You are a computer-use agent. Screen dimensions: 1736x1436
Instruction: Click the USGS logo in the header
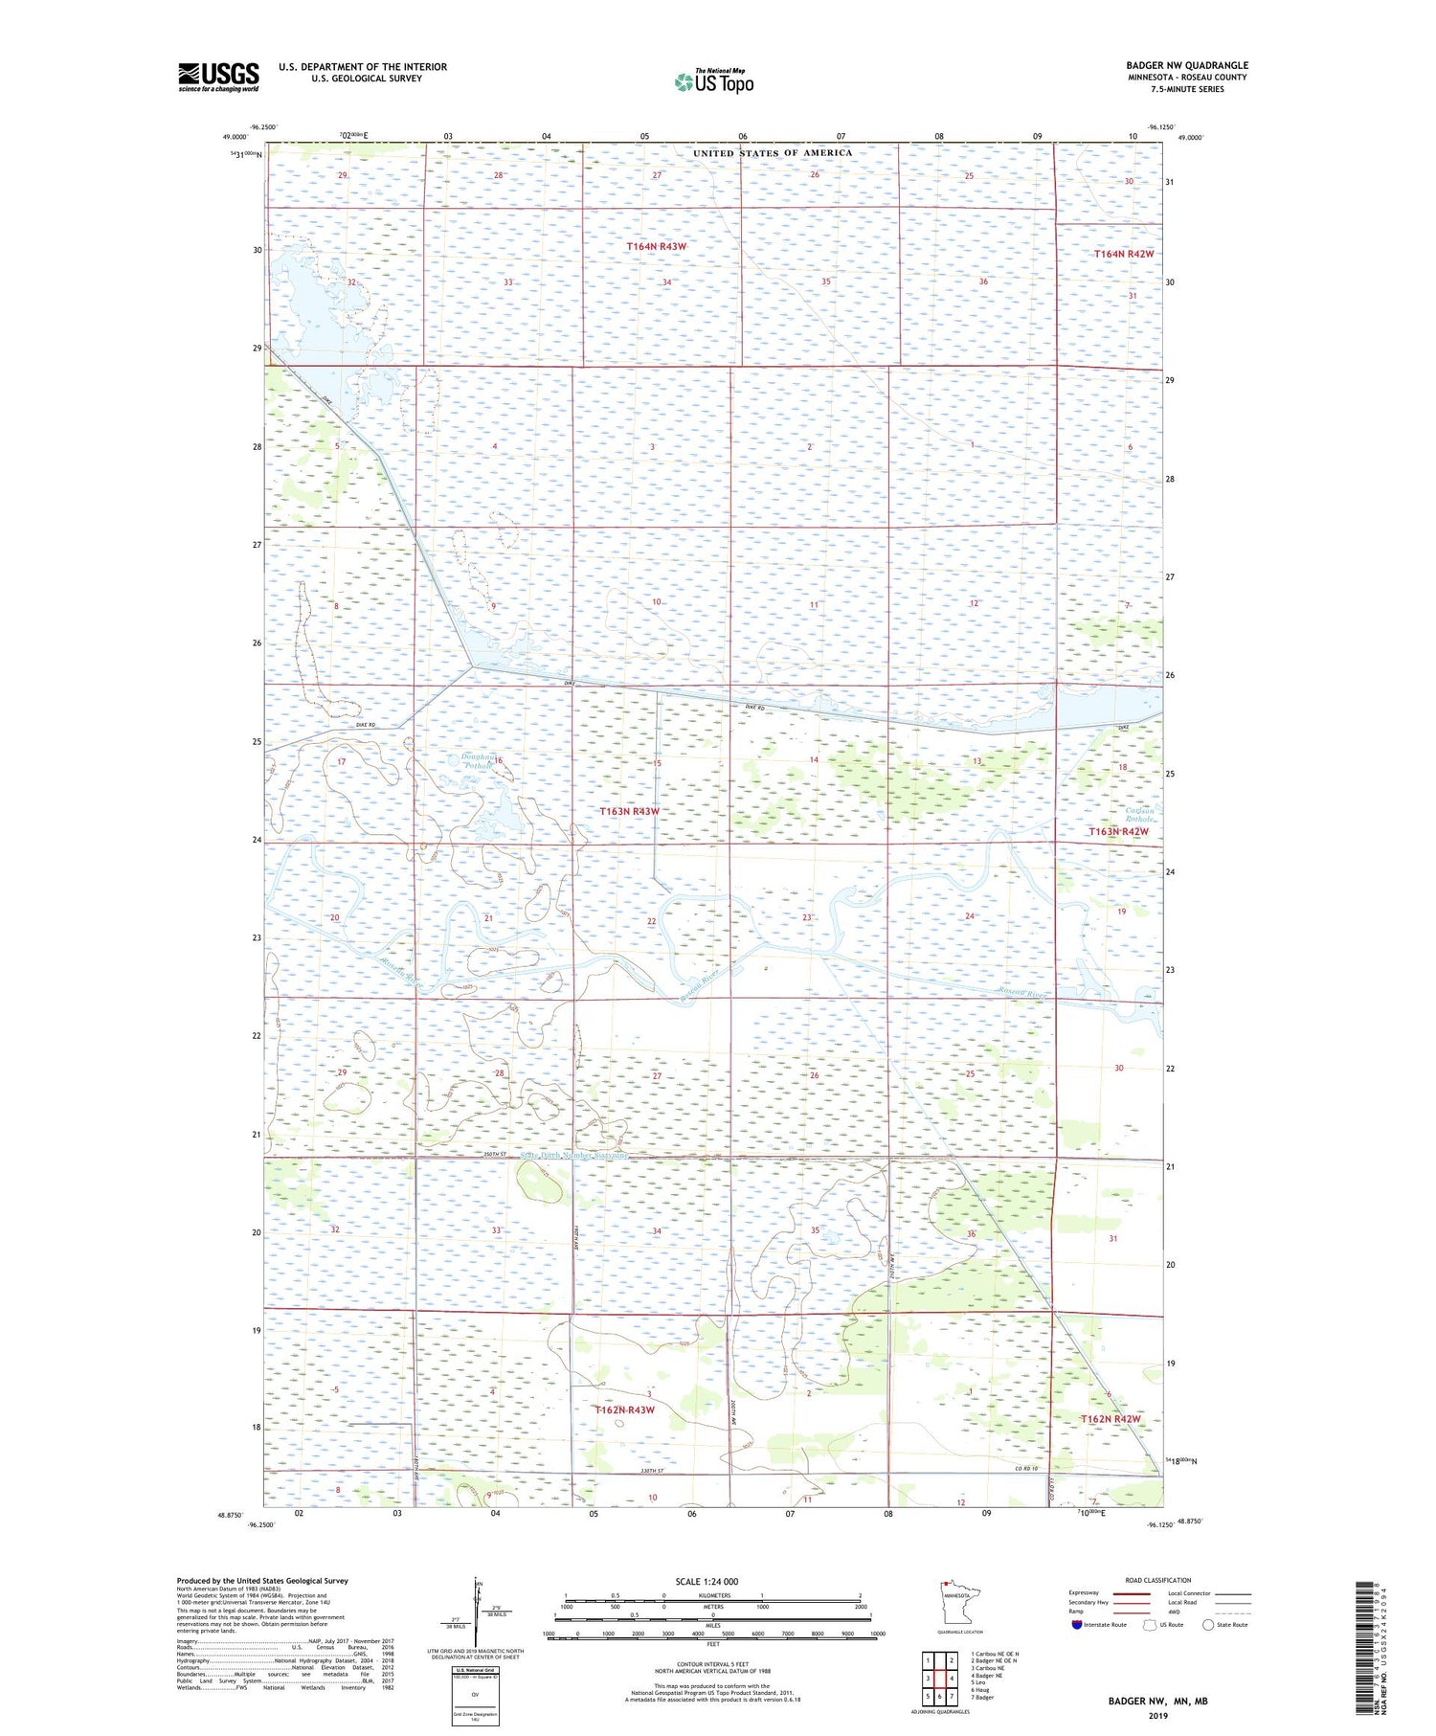(218, 77)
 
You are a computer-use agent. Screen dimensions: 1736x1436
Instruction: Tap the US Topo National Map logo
(713, 81)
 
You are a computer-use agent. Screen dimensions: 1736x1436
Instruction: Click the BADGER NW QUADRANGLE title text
(1186, 65)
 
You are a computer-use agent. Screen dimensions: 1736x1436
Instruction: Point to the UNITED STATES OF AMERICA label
(772, 153)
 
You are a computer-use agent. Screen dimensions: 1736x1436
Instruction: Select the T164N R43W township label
(657, 246)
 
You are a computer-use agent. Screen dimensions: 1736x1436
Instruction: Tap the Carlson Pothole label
(1139, 815)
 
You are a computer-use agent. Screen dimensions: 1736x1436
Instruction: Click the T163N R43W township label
(629, 811)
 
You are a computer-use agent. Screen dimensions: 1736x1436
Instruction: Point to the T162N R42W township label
(1111, 1418)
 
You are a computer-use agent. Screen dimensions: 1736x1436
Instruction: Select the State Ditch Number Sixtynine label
(574, 1156)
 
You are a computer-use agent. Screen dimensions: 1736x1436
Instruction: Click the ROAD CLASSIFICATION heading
(1157, 1580)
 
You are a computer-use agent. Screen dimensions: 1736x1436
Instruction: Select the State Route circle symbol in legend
(1208, 1625)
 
